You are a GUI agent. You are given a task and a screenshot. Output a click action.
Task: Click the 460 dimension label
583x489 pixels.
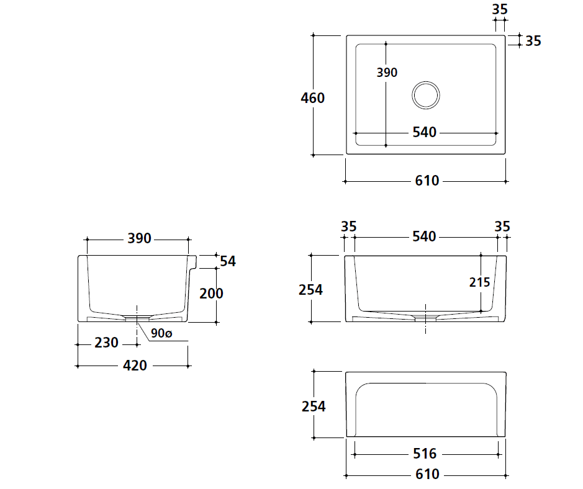(x=313, y=98)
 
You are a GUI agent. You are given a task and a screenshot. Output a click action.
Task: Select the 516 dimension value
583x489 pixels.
(x=425, y=454)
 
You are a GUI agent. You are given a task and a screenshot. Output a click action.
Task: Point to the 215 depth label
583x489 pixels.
(x=479, y=282)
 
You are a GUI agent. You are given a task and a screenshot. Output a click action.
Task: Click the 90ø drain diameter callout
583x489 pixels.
(x=161, y=333)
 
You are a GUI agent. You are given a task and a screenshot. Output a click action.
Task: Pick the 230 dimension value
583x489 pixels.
(x=106, y=343)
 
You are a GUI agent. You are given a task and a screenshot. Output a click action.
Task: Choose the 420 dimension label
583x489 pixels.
(x=135, y=366)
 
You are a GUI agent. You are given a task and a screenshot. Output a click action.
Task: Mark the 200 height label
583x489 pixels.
(x=211, y=294)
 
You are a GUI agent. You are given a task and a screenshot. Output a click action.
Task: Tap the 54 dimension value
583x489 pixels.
(x=227, y=261)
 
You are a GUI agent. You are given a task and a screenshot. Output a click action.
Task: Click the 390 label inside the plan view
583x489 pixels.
(x=387, y=73)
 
